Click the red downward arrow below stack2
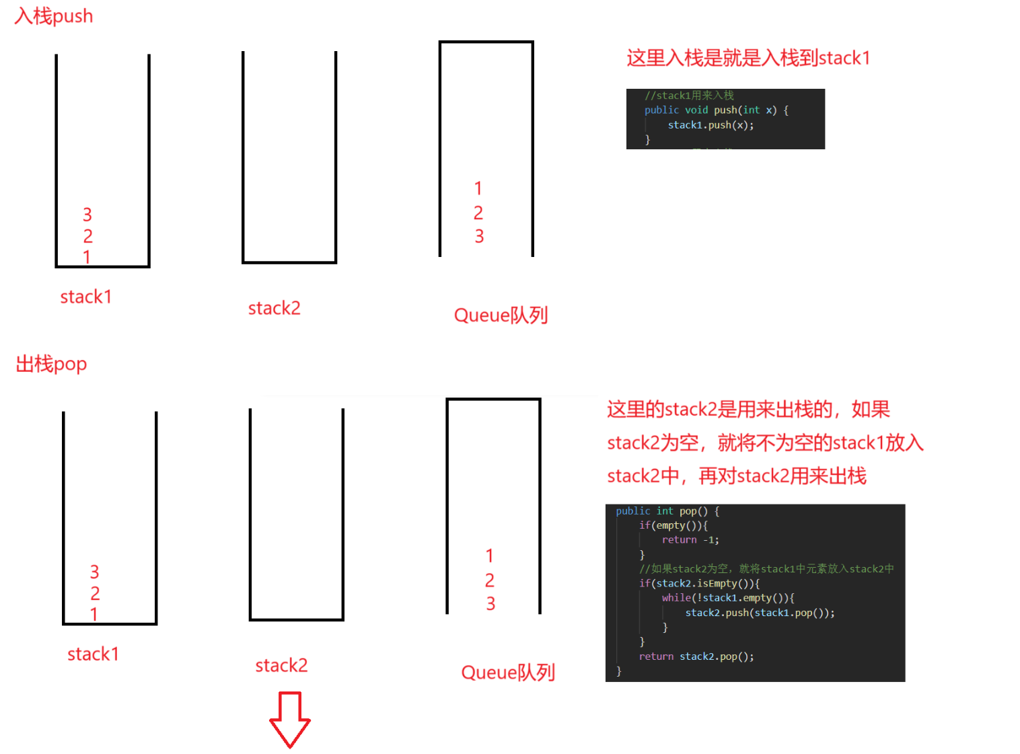pyautogui.click(x=290, y=719)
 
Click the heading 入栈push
pyautogui.click(x=54, y=16)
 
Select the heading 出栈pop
pyautogui.click(x=51, y=364)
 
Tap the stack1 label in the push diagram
pyautogui.click(x=85, y=297)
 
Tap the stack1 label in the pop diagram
pyautogui.click(x=93, y=654)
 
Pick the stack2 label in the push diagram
pyautogui.click(x=274, y=308)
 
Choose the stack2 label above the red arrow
pyautogui.click(x=281, y=665)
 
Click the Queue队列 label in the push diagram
pyautogui.click(x=501, y=315)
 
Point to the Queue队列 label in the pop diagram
pyautogui.click(x=508, y=672)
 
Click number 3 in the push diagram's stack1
pyautogui.click(x=87, y=215)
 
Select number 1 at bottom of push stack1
pyautogui.click(x=87, y=256)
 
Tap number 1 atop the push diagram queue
pyautogui.click(x=478, y=188)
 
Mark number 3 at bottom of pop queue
pyautogui.click(x=490, y=604)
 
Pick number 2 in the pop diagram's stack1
pyautogui.click(x=95, y=593)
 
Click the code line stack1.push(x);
pyautogui.click(x=711, y=125)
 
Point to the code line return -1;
pyautogui.click(x=690, y=540)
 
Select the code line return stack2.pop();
pyautogui.click(x=696, y=656)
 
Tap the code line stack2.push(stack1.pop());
pyautogui.click(x=760, y=613)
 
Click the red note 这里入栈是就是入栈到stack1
pyautogui.click(x=748, y=58)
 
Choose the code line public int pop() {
pyautogui.click(x=667, y=511)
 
